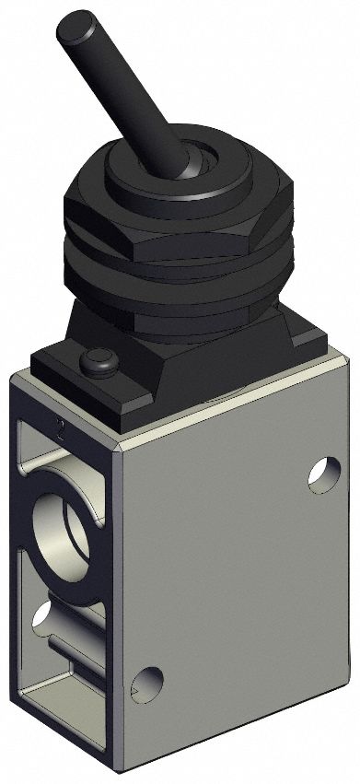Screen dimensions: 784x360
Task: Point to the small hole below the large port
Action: (x=42, y=615)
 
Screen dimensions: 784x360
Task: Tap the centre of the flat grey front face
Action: (x=230, y=571)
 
